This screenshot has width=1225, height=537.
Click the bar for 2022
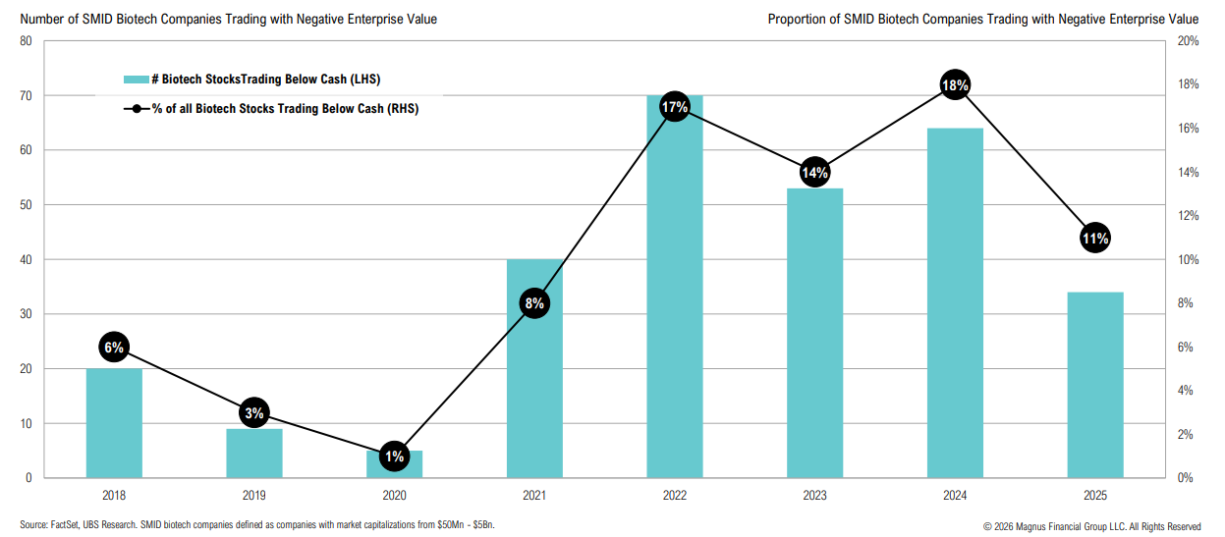pos(674,295)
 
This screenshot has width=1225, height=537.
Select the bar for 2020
pos(394,464)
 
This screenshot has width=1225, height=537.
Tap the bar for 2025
pos(1094,385)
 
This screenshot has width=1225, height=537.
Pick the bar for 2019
pos(254,454)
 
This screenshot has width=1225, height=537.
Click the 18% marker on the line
pos(955,85)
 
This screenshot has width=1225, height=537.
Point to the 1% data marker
pos(394,456)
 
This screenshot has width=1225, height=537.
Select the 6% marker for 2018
pos(114,347)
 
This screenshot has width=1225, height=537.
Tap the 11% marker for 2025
pos(1095,238)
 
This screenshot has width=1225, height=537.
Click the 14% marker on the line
pos(814,173)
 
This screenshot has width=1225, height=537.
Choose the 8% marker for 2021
pos(534,303)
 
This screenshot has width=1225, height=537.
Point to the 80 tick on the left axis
pos(26,41)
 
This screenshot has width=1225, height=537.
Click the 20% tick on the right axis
pos(1188,41)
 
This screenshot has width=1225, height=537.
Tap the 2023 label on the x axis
pos(814,497)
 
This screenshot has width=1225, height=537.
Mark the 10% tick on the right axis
pos(1188,260)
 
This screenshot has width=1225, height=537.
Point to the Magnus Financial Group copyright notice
pos(1091,526)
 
